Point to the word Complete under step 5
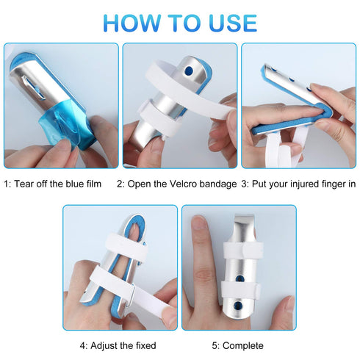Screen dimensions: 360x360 [246, 345]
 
